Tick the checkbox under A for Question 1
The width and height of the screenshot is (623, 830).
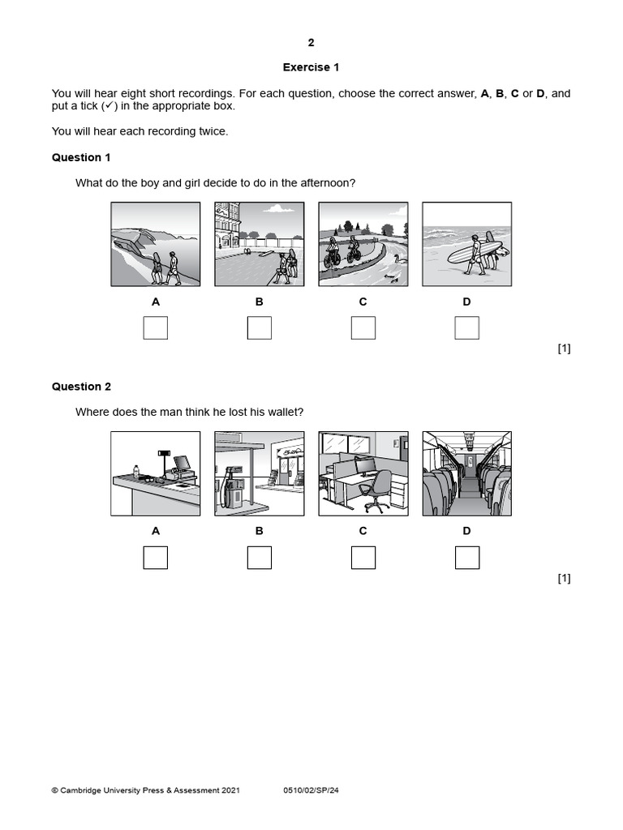156,328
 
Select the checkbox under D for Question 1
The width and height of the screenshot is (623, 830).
467,328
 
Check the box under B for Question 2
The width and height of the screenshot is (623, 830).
260,558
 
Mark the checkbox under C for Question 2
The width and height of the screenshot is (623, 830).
363,558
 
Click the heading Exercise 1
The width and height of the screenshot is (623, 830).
311,67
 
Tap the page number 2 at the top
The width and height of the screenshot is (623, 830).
311,43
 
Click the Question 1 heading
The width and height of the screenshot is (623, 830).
81,157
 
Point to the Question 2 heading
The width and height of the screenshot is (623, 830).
81,387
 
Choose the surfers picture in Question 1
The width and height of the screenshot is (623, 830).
467,244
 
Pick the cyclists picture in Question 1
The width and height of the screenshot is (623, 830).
363,244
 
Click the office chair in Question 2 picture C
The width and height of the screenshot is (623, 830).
375,492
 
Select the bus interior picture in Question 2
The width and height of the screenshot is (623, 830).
467,473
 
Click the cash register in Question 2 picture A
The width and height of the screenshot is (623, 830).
180,467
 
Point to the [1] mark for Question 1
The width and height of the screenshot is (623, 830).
565,349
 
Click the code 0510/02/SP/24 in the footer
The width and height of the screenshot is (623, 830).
311,790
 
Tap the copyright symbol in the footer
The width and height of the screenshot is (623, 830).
55,790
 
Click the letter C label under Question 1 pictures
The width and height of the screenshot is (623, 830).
363,302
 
